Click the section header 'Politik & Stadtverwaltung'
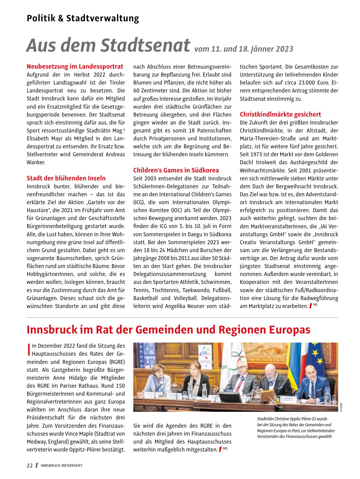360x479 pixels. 83,18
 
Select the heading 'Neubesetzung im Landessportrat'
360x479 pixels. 75,67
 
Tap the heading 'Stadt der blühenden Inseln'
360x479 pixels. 66,178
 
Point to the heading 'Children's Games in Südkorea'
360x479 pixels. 176,170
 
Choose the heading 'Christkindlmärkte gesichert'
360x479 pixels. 280,114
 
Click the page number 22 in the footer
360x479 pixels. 30,466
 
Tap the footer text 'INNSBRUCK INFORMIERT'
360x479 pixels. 62,466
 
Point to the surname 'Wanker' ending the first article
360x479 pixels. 36,163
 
